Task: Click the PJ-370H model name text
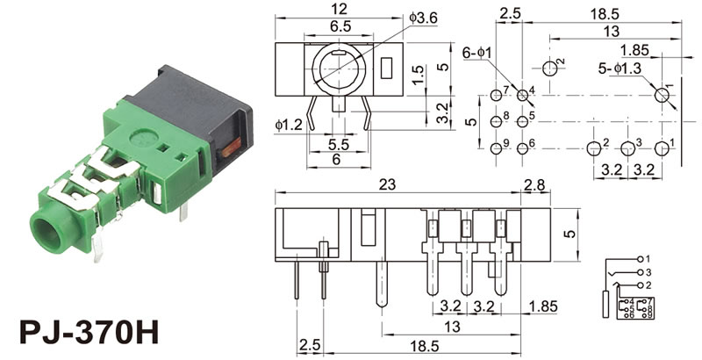88,335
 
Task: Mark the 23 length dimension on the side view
387,184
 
